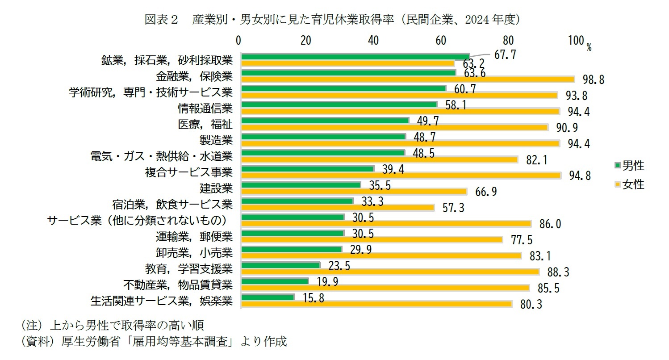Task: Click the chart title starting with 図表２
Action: (332, 19)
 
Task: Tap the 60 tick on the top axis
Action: (441, 41)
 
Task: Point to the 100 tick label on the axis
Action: (576, 41)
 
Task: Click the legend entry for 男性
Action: (629, 166)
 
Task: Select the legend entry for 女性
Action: (629, 184)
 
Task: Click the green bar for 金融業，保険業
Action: (348, 72)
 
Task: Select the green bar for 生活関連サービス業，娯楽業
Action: (267, 297)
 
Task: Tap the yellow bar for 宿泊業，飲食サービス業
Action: (337, 208)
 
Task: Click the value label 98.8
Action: (594, 80)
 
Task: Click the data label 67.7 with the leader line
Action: (505, 54)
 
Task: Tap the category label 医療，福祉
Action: (205, 124)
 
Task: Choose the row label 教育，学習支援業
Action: (188, 268)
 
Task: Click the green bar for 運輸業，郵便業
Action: (292, 233)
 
